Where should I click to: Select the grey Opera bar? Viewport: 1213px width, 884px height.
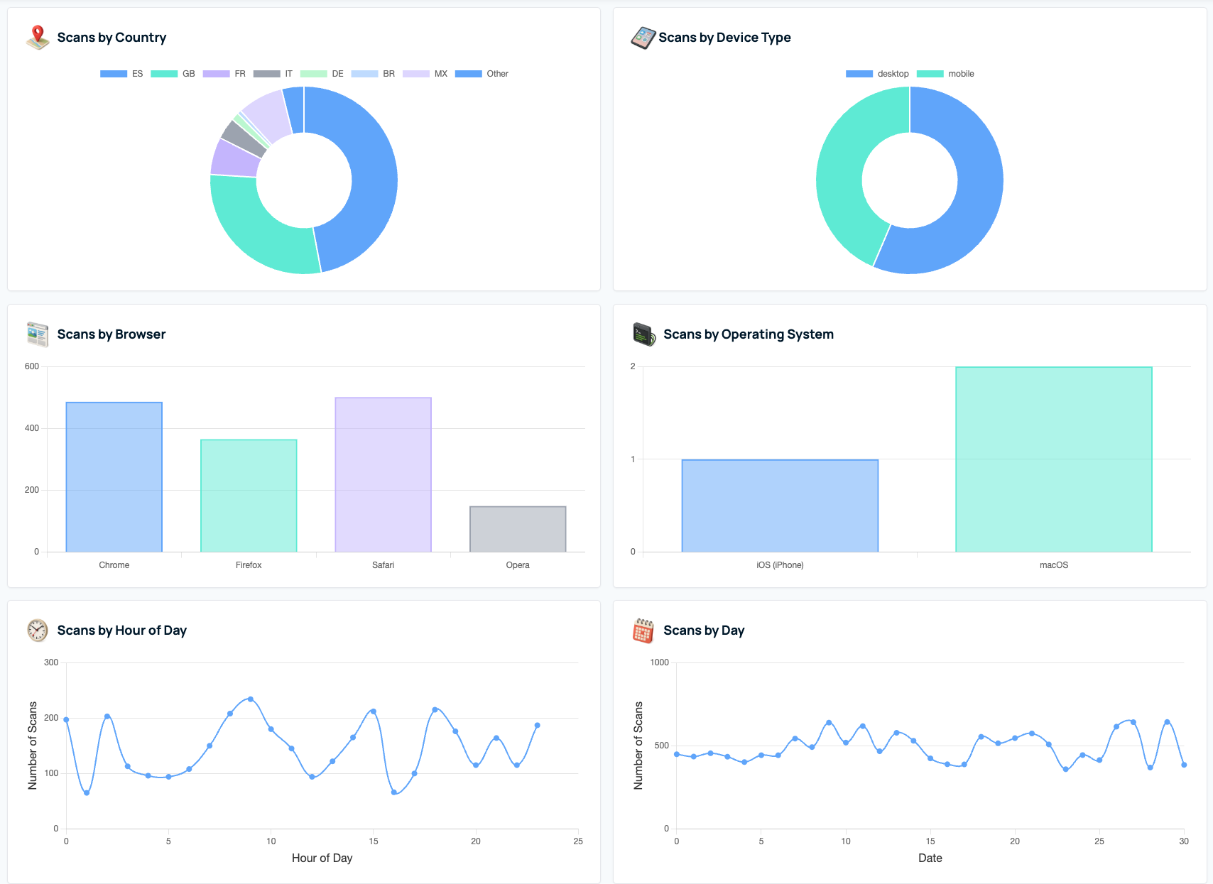[x=518, y=529]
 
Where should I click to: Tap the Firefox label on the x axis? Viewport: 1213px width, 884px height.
[x=249, y=565]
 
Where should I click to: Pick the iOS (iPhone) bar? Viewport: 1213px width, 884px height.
[x=780, y=506]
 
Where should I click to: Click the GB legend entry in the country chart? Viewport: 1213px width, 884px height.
[x=173, y=74]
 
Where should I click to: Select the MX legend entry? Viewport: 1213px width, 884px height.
[x=425, y=74]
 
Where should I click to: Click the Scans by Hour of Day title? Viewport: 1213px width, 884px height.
[x=121, y=631]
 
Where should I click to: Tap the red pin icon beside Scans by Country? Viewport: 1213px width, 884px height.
[x=38, y=37]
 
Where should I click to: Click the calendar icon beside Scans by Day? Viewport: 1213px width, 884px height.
[x=643, y=631]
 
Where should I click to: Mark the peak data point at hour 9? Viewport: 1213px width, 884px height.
[x=250, y=699]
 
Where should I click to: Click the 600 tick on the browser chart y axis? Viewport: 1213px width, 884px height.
[x=32, y=366]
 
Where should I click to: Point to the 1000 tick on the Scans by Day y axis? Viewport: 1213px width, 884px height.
[x=659, y=662]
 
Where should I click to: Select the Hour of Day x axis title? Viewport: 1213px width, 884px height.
[x=322, y=858]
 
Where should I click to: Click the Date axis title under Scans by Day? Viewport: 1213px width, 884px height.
[x=930, y=858]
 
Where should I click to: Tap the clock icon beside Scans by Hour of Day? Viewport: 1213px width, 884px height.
[x=38, y=631]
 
